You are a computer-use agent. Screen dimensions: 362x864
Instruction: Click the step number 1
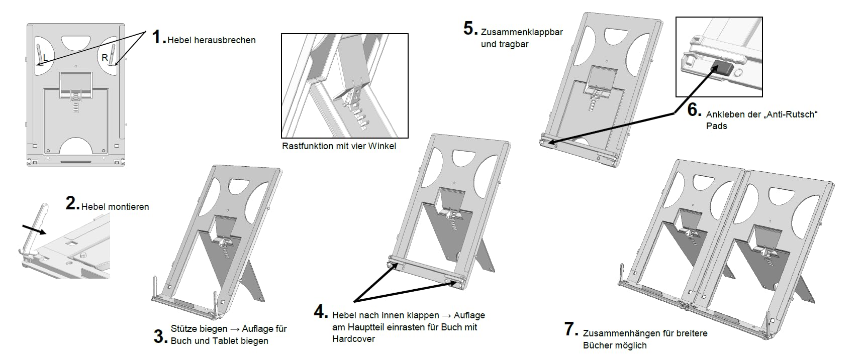tap(158, 37)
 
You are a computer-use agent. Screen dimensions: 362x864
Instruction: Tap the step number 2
tap(72, 203)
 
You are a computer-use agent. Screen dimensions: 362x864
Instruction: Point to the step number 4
tap(320, 312)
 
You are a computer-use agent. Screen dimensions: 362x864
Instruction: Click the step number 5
tap(469, 29)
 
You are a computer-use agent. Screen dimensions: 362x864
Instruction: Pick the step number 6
tap(694, 109)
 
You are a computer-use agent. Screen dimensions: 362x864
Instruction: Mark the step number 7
tap(570, 329)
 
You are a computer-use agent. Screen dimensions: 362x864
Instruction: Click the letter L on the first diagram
tap(46, 58)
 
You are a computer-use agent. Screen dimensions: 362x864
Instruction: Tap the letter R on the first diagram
tap(105, 58)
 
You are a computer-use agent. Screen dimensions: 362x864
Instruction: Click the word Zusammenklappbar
tap(522, 32)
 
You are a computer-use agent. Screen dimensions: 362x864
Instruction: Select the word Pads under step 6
tap(716, 126)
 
